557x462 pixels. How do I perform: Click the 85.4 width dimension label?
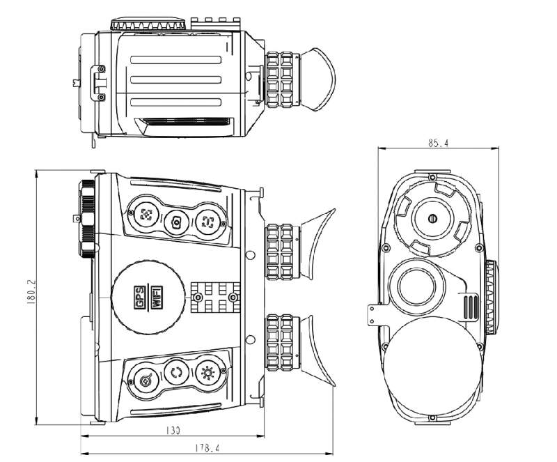coord(438,143)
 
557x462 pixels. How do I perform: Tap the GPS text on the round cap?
coord(139,298)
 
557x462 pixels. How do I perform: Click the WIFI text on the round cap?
coord(157,298)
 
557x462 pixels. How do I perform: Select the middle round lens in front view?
coord(420,285)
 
